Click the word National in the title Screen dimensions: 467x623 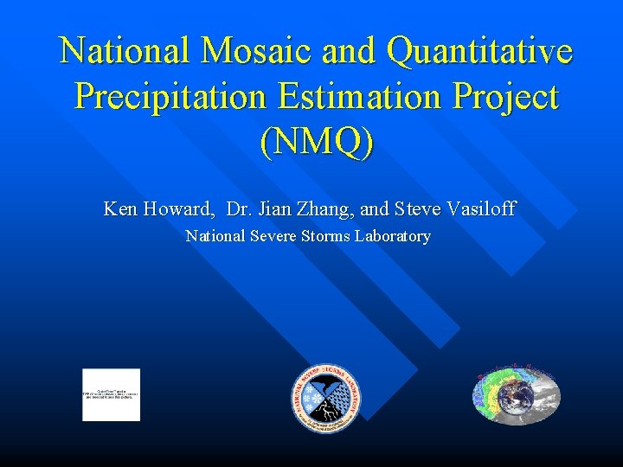pyautogui.click(x=125, y=51)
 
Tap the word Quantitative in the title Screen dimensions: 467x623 pyautogui.click(x=480, y=51)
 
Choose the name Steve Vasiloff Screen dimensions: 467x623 pyautogui.click(x=455, y=208)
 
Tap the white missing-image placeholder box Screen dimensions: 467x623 pyautogui.click(x=111, y=394)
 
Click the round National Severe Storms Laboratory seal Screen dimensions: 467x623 pyautogui.click(x=326, y=396)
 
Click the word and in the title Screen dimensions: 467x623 pyautogui.click(x=350, y=51)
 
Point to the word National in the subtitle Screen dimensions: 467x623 pyautogui.click(x=215, y=236)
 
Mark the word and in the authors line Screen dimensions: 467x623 pyautogui.click(x=374, y=208)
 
